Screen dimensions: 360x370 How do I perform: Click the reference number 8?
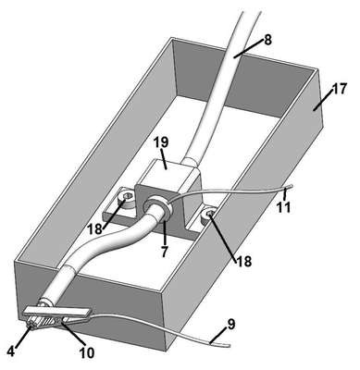(267, 40)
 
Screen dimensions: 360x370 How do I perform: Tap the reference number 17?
(339, 89)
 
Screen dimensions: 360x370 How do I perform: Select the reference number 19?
(161, 142)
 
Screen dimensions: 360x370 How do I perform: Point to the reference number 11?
(283, 207)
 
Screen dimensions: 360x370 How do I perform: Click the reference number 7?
(165, 252)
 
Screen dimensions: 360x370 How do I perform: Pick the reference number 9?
(231, 324)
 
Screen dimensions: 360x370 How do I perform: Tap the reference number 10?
(87, 353)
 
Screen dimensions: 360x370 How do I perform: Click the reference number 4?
(11, 351)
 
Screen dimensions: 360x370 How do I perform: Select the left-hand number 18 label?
(94, 229)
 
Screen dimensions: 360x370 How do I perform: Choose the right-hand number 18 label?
(244, 261)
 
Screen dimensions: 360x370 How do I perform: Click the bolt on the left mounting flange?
(126, 197)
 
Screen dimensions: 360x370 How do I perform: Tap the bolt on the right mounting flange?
(208, 215)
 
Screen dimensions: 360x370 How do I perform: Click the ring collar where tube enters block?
(157, 206)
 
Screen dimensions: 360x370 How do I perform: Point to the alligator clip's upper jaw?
(57, 312)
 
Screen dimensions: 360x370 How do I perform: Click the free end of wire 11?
(291, 186)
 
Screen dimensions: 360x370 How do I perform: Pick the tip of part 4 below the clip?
(31, 328)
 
